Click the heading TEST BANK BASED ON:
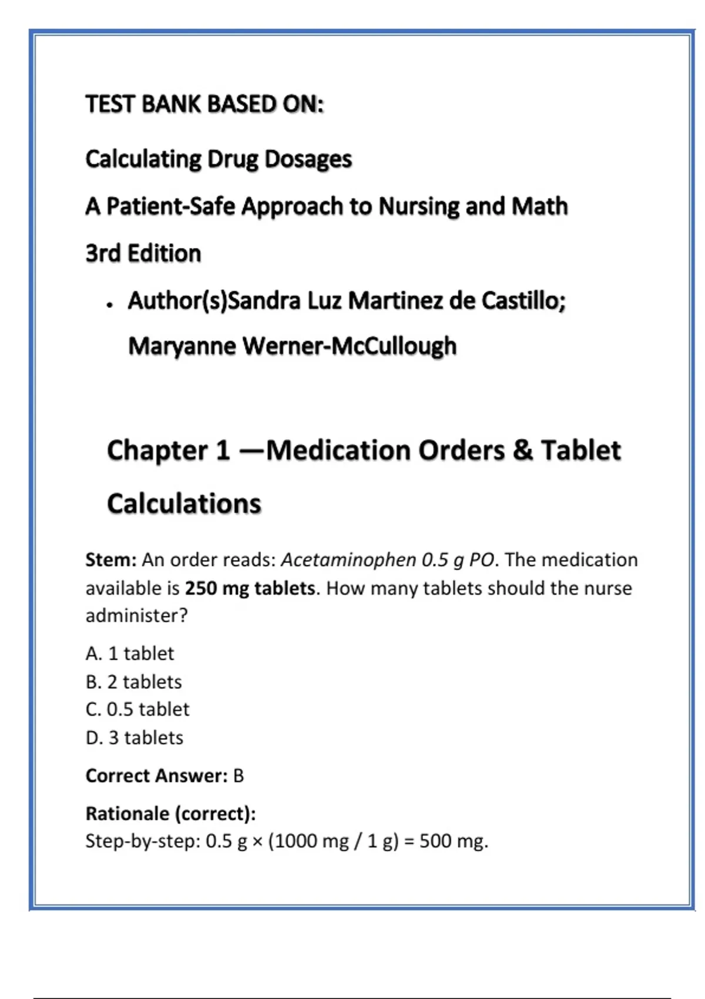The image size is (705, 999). click(204, 104)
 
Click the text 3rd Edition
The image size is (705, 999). click(143, 253)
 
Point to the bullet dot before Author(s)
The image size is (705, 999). click(110, 305)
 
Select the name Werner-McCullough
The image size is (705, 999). click(350, 346)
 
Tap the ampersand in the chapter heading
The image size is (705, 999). click(523, 451)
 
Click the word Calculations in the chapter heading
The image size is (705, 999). click(184, 504)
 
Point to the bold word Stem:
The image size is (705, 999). click(111, 559)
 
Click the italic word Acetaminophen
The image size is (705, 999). click(348, 559)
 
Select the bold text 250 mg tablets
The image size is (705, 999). click(250, 588)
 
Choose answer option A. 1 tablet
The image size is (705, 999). click(130, 653)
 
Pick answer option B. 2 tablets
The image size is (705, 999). click(134, 682)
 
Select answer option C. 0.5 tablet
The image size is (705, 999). click(137, 709)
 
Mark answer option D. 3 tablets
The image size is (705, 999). click(135, 737)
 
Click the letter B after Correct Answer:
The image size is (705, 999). click(238, 776)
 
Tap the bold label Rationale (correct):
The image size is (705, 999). click(171, 813)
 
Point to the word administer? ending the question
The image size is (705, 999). click(136, 616)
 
